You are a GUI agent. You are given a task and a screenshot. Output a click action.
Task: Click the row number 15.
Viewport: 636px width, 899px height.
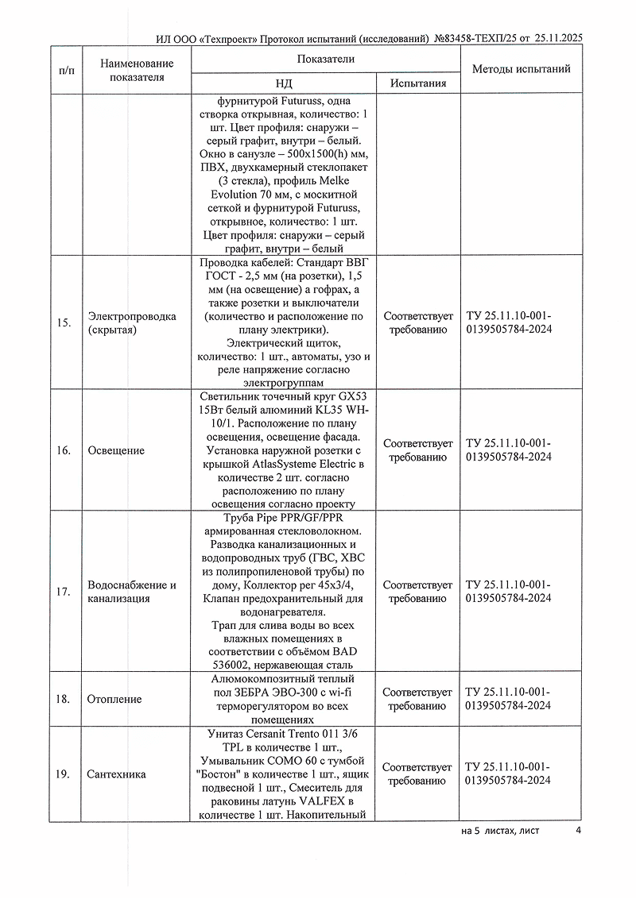tap(64, 322)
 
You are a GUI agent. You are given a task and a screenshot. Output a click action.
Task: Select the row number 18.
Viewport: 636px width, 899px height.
tap(64, 699)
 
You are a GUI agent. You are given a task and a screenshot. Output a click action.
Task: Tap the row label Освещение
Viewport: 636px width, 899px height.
tap(116, 450)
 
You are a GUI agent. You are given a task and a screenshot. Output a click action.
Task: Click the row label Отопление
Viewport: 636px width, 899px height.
tap(115, 699)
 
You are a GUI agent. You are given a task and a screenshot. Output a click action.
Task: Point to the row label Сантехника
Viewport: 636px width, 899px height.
tap(117, 774)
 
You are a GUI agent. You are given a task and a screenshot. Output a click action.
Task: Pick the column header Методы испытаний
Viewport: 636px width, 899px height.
tap(521, 69)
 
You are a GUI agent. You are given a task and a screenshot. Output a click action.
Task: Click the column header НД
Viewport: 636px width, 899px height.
tap(284, 83)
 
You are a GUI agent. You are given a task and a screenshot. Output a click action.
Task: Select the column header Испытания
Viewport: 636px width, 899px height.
tap(417, 83)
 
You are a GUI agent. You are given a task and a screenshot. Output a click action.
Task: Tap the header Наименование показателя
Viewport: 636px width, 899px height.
tap(137, 70)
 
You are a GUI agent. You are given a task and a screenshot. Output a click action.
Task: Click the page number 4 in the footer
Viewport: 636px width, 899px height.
tap(579, 831)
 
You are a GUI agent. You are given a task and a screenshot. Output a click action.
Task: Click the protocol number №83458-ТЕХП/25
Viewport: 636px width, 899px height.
tap(471, 37)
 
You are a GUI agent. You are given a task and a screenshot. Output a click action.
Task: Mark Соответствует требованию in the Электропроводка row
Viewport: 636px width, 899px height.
tap(417, 322)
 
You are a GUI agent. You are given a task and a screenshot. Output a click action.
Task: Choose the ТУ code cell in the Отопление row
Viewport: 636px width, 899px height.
tap(508, 699)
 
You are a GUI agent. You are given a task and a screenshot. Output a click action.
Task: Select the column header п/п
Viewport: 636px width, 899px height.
tap(68, 70)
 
